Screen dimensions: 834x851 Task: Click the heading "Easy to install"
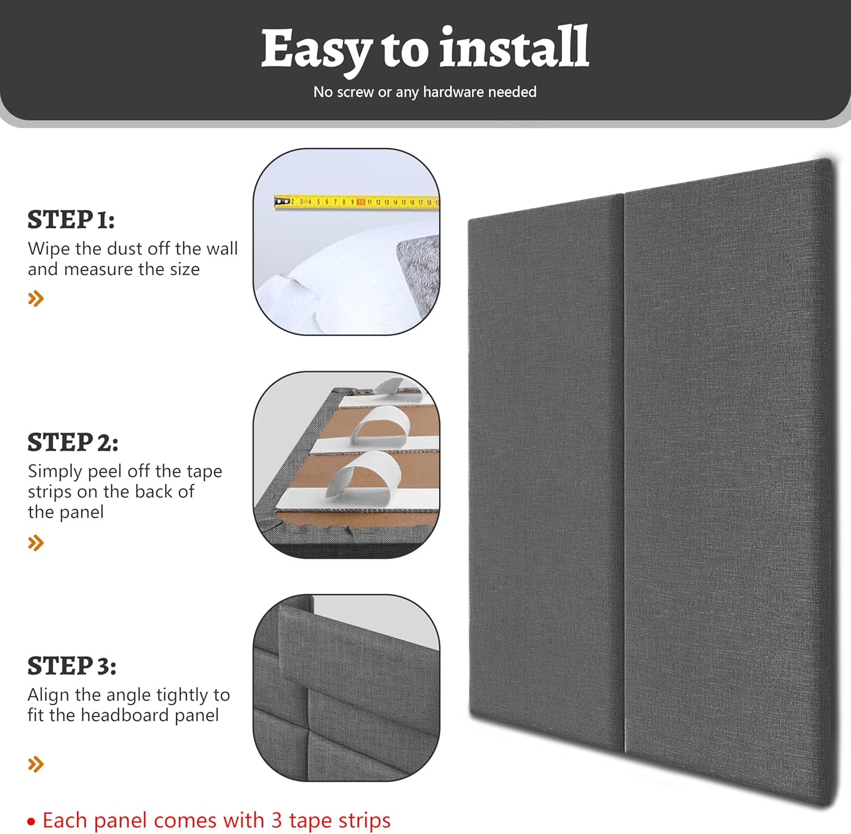tap(424, 49)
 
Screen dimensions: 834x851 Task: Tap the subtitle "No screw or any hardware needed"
tap(424, 92)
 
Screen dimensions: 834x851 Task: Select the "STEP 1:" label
tap(71, 220)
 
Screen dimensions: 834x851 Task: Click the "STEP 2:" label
tap(73, 443)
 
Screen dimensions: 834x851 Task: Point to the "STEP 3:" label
tap(71, 666)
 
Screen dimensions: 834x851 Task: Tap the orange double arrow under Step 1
tap(36, 298)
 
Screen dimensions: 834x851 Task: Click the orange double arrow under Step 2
tap(36, 543)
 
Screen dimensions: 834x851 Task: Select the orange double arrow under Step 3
tap(36, 764)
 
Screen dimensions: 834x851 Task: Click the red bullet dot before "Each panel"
tap(31, 822)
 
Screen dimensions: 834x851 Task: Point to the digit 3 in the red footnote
tap(276, 820)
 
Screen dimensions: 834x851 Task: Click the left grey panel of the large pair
tap(546, 471)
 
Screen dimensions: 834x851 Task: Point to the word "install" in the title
tap(514, 48)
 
